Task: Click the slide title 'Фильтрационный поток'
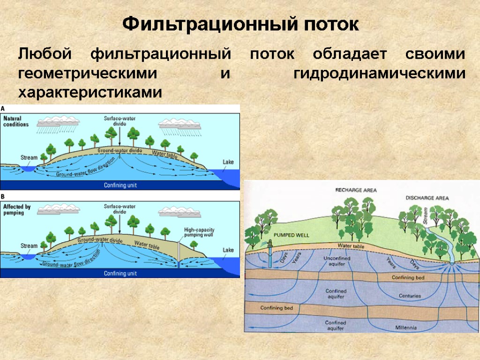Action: pos(240,24)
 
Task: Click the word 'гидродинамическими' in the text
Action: pos(380,74)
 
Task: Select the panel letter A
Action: pos(3,108)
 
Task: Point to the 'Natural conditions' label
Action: pos(16,121)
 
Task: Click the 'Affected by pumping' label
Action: pos(17,209)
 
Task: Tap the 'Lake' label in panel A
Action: pos(228,162)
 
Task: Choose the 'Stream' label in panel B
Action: pos(29,246)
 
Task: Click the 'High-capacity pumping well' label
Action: pos(199,232)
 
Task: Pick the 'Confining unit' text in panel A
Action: pos(120,185)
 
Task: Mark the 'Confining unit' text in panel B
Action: pos(120,273)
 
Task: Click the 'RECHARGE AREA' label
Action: pos(356,190)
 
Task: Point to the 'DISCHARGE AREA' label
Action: pos(427,198)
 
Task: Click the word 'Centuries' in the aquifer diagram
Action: pos(410,296)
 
